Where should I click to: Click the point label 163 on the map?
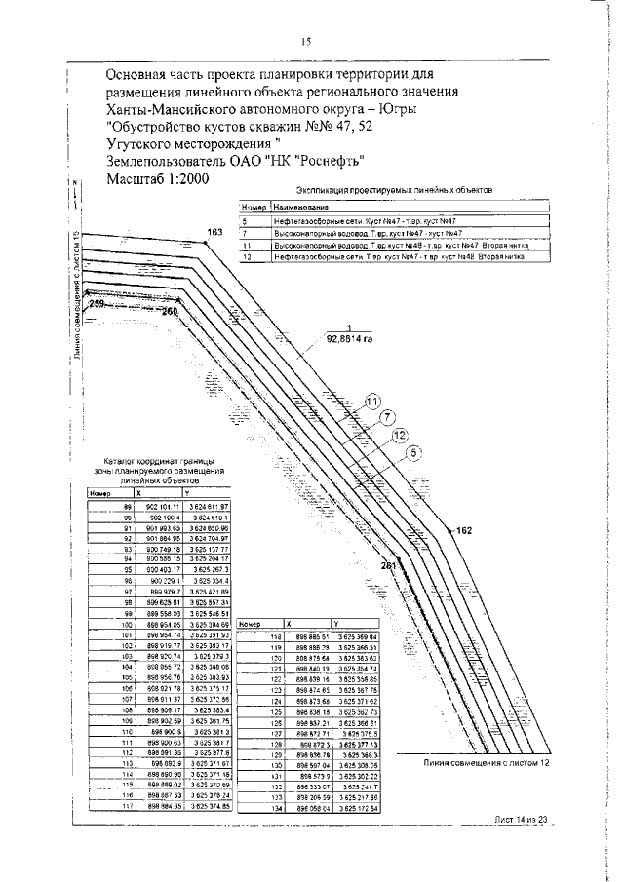click(x=214, y=231)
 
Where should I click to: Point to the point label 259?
click(x=95, y=305)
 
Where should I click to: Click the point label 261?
click(x=389, y=565)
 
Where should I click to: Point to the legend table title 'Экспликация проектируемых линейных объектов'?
click(x=393, y=192)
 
